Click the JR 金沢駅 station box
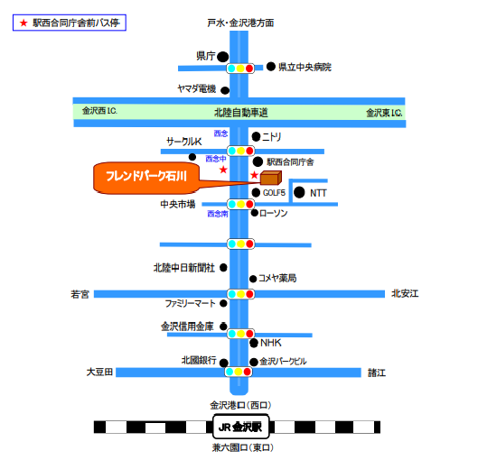[241, 427]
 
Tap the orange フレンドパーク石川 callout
[146, 178]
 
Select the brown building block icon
[271, 178]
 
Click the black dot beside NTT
[299, 192]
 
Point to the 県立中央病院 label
[305, 67]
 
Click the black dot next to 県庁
[222, 57]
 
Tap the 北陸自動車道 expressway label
[241, 113]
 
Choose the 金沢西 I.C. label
[99, 111]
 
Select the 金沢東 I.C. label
[384, 113]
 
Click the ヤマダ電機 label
[197, 88]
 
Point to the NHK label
[271, 343]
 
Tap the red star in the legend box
[23, 23]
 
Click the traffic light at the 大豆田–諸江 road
[239, 372]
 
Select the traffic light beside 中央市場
[240, 204]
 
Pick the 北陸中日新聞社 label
[184, 268]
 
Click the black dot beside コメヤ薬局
[253, 279]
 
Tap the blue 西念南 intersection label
[218, 214]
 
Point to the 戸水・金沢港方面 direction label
[240, 23]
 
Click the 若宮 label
[80, 295]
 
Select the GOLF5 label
[274, 193]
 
